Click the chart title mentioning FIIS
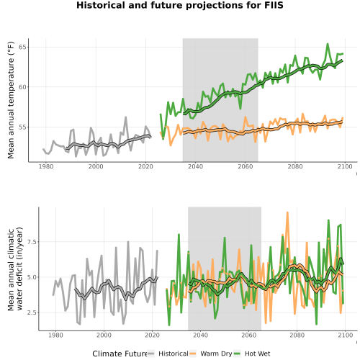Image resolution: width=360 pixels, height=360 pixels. pos(180,5)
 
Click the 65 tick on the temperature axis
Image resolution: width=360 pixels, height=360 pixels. pos(22,47)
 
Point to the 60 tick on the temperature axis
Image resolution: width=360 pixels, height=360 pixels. pos(22,87)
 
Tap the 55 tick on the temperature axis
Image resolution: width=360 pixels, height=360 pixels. pos(22,127)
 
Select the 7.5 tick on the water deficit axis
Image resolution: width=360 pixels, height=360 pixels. pos(32,242)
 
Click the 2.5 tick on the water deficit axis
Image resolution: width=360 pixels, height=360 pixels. pos(32,312)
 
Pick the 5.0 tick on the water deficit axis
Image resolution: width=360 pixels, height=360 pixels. pos(32,277)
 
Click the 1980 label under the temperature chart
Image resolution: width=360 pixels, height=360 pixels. pos(46,166)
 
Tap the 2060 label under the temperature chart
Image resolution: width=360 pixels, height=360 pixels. pos(246,166)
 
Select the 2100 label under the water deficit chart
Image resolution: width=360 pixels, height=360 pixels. pos(346,335)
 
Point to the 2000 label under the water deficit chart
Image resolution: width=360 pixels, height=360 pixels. pos(104,335)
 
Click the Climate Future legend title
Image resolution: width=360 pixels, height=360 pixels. pos(120,354)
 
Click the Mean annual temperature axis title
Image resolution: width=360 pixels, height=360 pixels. pos(11,100)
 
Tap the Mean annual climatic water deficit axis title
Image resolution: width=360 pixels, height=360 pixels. pos(15,269)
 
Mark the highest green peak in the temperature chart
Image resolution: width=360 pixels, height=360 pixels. pos(328,44)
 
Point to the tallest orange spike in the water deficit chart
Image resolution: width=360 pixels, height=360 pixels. pos(287,212)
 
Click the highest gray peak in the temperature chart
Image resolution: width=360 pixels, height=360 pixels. pos(125,117)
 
